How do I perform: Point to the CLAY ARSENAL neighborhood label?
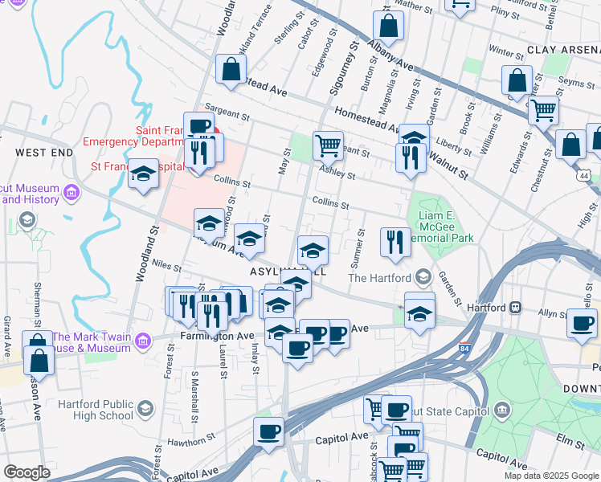(563, 50)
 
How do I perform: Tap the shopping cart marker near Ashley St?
(328, 146)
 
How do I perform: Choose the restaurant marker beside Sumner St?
(395, 242)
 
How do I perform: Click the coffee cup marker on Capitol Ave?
(268, 431)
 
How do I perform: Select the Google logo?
(27, 472)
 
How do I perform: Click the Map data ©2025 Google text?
(550, 476)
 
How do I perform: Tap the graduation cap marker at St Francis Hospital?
(143, 174)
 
